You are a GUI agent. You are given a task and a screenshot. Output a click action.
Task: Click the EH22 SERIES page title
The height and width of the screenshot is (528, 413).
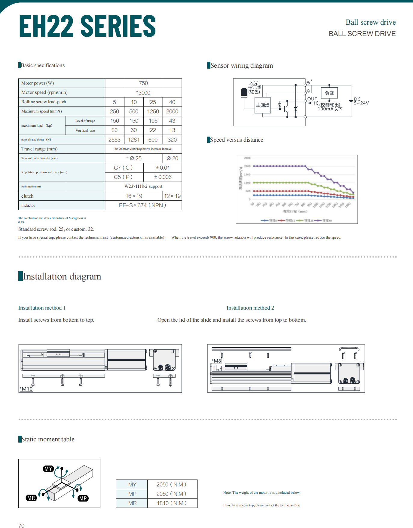(87, 26)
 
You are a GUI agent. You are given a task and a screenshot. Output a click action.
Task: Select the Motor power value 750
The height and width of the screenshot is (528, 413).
(143, 83)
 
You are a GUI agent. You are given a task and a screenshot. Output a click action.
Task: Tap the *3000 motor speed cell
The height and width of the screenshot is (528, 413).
(143, 93)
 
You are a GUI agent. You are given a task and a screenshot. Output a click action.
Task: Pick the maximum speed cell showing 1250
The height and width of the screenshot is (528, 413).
(153, 112)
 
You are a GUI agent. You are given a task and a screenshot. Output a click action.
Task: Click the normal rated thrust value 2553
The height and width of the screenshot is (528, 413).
(114, 140)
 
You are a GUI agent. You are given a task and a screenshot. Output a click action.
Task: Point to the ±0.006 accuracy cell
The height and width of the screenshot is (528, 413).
(163, 177)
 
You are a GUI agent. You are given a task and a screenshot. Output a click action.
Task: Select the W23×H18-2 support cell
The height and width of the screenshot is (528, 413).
(143, 187)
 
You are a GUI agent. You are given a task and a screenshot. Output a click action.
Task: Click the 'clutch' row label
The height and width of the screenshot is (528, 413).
(27, 196)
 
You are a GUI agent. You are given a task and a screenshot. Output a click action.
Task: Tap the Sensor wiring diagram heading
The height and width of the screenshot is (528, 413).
(241, 66)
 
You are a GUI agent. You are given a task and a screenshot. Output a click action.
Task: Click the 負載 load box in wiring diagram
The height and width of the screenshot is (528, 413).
(329, 93)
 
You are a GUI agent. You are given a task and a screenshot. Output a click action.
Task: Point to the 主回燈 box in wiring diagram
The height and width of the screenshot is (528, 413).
(262, 105)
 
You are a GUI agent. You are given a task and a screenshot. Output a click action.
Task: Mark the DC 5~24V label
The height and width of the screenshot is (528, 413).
(361, 101)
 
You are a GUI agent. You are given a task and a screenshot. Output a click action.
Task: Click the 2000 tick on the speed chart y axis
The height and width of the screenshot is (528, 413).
(247, 166)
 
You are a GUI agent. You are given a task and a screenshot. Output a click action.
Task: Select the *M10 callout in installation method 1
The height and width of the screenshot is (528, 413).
(26, 389)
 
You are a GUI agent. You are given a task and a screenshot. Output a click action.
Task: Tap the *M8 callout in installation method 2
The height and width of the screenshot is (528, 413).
(216, 361)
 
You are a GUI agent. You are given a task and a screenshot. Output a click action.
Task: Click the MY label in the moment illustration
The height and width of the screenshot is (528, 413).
(48, 469)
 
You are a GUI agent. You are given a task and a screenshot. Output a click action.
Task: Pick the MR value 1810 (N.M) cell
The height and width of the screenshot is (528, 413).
(172, 503)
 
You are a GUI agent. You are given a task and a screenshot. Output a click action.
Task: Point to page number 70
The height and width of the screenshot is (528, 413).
(21, 526)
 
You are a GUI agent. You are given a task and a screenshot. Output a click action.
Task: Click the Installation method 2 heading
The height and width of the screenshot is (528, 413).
(250, 308)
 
